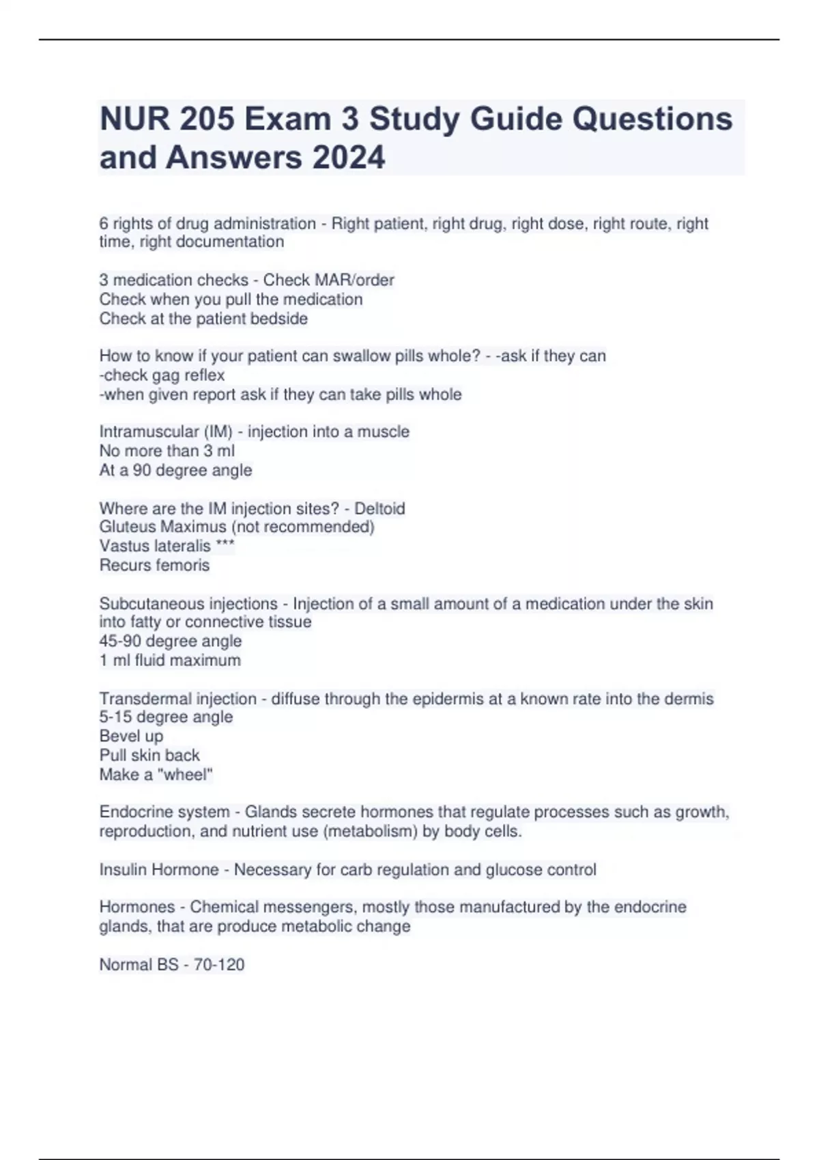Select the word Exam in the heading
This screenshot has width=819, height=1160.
tap(287, 119)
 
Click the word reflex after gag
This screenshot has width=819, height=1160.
tap(204, 375)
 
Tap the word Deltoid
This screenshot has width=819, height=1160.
tap(379, 508)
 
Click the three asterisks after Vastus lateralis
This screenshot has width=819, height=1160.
tap(225, 546)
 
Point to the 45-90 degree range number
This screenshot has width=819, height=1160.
tap(120, 641)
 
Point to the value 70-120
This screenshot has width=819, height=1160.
tap(219, 965)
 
